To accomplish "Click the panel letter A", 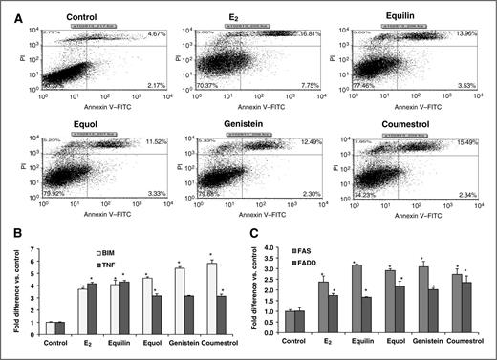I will coord(9,9).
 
